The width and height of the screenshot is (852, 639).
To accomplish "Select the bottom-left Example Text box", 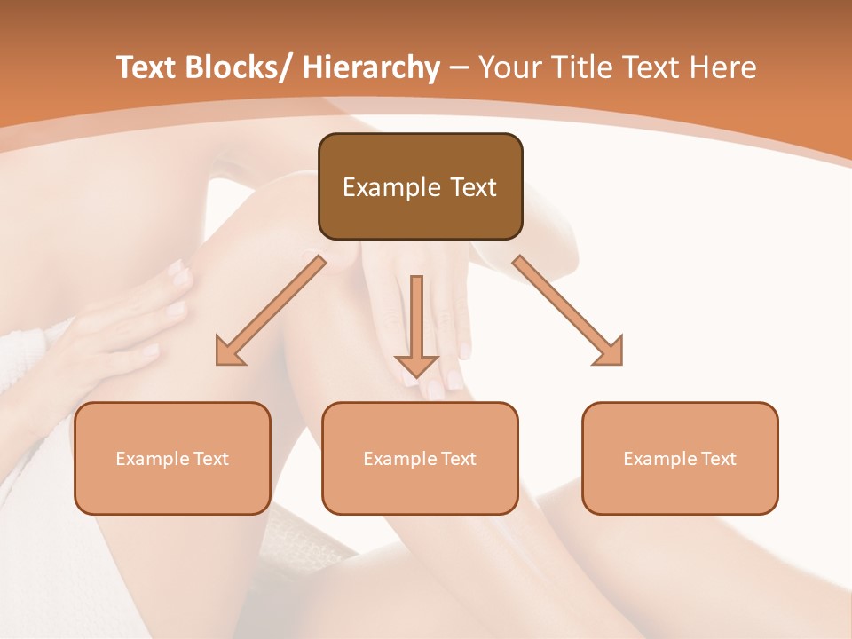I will (172, 458).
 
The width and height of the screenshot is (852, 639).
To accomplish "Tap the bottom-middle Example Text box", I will (420, 458).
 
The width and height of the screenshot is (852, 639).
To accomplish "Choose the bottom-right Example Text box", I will (680, 458).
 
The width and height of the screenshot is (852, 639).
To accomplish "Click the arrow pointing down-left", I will (271, 310).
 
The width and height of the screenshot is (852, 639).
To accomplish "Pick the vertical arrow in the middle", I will (416, 324).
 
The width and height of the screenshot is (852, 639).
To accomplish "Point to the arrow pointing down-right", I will (569, 310).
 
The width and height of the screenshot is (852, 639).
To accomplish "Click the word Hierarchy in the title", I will (372, 67).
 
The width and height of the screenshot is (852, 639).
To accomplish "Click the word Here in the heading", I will (723, 67).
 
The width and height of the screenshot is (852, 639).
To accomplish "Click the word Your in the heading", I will (509, 67).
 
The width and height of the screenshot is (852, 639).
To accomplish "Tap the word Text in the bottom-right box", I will (718, 459).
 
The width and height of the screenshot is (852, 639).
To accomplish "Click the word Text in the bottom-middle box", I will (458, 459).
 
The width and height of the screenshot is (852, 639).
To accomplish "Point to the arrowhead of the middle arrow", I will (416, 365).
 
